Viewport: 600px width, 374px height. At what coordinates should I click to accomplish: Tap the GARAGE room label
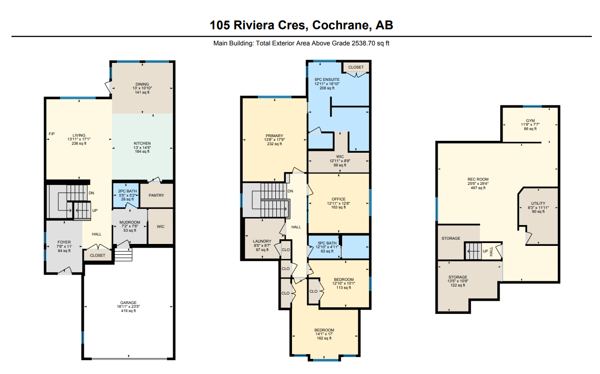128,303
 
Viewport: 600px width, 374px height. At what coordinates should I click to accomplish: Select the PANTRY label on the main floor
157,195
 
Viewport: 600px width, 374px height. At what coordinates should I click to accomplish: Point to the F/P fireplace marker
52,134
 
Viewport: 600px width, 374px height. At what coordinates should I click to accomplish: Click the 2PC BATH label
127,191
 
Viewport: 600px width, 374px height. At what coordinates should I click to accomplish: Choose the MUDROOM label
130,222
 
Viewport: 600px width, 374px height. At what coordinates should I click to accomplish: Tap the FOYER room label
64,242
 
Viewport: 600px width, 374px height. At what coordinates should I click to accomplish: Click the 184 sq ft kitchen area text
142,151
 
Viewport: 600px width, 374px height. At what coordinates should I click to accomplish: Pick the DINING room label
142,84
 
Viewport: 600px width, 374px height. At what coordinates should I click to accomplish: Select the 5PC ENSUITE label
327,79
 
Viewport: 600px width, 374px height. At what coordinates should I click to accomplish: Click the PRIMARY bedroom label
274,136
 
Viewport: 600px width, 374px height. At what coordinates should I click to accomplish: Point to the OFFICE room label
339,199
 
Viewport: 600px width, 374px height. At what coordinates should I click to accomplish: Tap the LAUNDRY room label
262,241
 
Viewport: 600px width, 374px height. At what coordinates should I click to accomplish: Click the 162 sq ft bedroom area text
324,338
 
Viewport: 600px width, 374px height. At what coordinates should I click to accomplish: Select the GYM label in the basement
530,121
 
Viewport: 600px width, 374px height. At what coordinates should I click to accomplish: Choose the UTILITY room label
538,203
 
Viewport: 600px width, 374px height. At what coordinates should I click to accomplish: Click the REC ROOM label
478,179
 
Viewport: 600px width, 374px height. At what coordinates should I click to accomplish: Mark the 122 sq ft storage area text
458,285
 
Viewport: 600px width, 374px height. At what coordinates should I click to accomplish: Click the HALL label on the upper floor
296,227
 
